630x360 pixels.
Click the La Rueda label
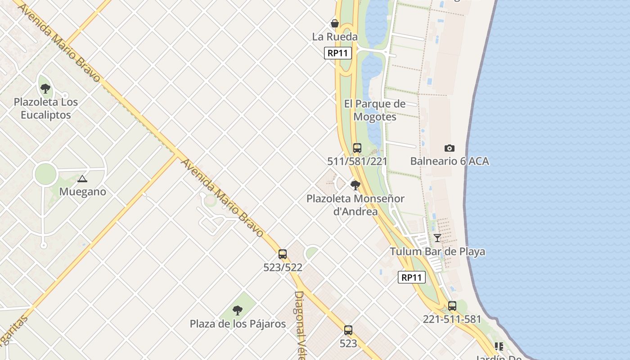335,37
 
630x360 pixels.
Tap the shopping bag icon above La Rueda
335,23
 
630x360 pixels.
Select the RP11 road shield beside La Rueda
337,53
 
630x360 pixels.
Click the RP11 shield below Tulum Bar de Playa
412,277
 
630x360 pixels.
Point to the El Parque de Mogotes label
374,110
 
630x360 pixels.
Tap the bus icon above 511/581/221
357,148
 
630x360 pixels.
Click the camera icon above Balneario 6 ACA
449,148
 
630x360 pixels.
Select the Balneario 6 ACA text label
449,161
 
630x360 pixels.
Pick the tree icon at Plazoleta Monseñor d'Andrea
355,185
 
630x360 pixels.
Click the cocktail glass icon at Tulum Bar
437,238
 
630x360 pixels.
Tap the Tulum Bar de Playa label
437,251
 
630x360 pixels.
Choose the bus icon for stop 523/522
283,254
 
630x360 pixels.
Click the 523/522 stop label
283,267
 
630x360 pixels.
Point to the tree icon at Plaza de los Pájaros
238,310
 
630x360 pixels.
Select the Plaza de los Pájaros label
238,324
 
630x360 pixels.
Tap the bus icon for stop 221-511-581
452,306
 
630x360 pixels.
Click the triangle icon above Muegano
82,179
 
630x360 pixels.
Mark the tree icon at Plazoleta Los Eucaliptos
45,89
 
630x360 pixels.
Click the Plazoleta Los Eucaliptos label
45,108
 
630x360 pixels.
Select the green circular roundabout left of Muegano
45,174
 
